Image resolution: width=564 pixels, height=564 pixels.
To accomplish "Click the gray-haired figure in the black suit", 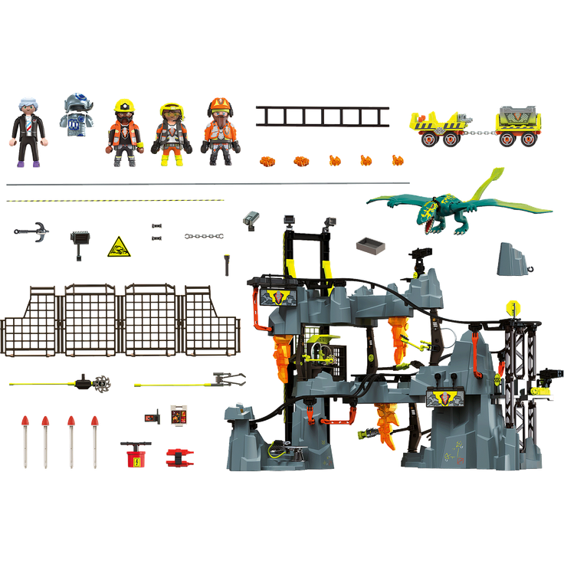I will (x=28, y=132).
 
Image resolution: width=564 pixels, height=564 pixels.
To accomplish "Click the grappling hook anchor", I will (x=33, y=231).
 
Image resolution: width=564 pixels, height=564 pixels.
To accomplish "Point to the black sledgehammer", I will (x=78, y=239).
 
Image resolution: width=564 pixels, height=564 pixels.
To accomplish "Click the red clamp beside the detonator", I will (x=179, y=456).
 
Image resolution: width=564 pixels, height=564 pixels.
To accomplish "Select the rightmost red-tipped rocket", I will (x=95, y=440).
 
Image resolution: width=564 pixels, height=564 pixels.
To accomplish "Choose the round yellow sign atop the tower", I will (x=509, y=307).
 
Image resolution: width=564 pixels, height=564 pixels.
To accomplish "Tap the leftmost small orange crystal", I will (x=267, y=161).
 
